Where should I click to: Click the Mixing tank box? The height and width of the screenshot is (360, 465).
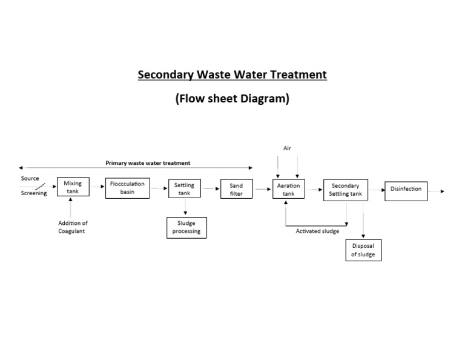(73, 187)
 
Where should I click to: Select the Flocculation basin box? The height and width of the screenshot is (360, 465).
(127, 187)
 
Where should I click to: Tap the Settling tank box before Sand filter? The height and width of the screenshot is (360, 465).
(185, 188)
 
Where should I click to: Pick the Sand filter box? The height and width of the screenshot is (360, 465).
(236, 189)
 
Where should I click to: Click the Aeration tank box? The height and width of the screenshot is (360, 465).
(288, 189)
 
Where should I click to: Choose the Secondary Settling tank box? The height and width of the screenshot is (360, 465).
(345, 190)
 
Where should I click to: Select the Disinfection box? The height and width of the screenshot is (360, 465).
(406, 190)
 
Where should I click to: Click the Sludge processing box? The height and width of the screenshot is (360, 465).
(186, 227)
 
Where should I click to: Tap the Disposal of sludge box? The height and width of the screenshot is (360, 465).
(363, 250)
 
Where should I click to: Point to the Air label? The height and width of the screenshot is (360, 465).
(288, 148)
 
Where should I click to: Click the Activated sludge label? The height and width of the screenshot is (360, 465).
(317, 231)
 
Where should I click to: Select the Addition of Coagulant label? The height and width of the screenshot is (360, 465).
(73, 227)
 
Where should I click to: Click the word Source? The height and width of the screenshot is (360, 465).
(30, 179)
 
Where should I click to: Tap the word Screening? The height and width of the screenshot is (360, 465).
(34, 193)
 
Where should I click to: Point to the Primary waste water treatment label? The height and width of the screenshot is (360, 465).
(148, 163)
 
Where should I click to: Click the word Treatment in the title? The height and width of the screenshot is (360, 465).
(292, 75)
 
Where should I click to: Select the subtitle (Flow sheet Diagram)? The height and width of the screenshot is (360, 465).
(232, 99)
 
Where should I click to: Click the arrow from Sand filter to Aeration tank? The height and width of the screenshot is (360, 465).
(263, 189)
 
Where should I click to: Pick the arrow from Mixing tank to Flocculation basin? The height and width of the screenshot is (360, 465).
(97, 187)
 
